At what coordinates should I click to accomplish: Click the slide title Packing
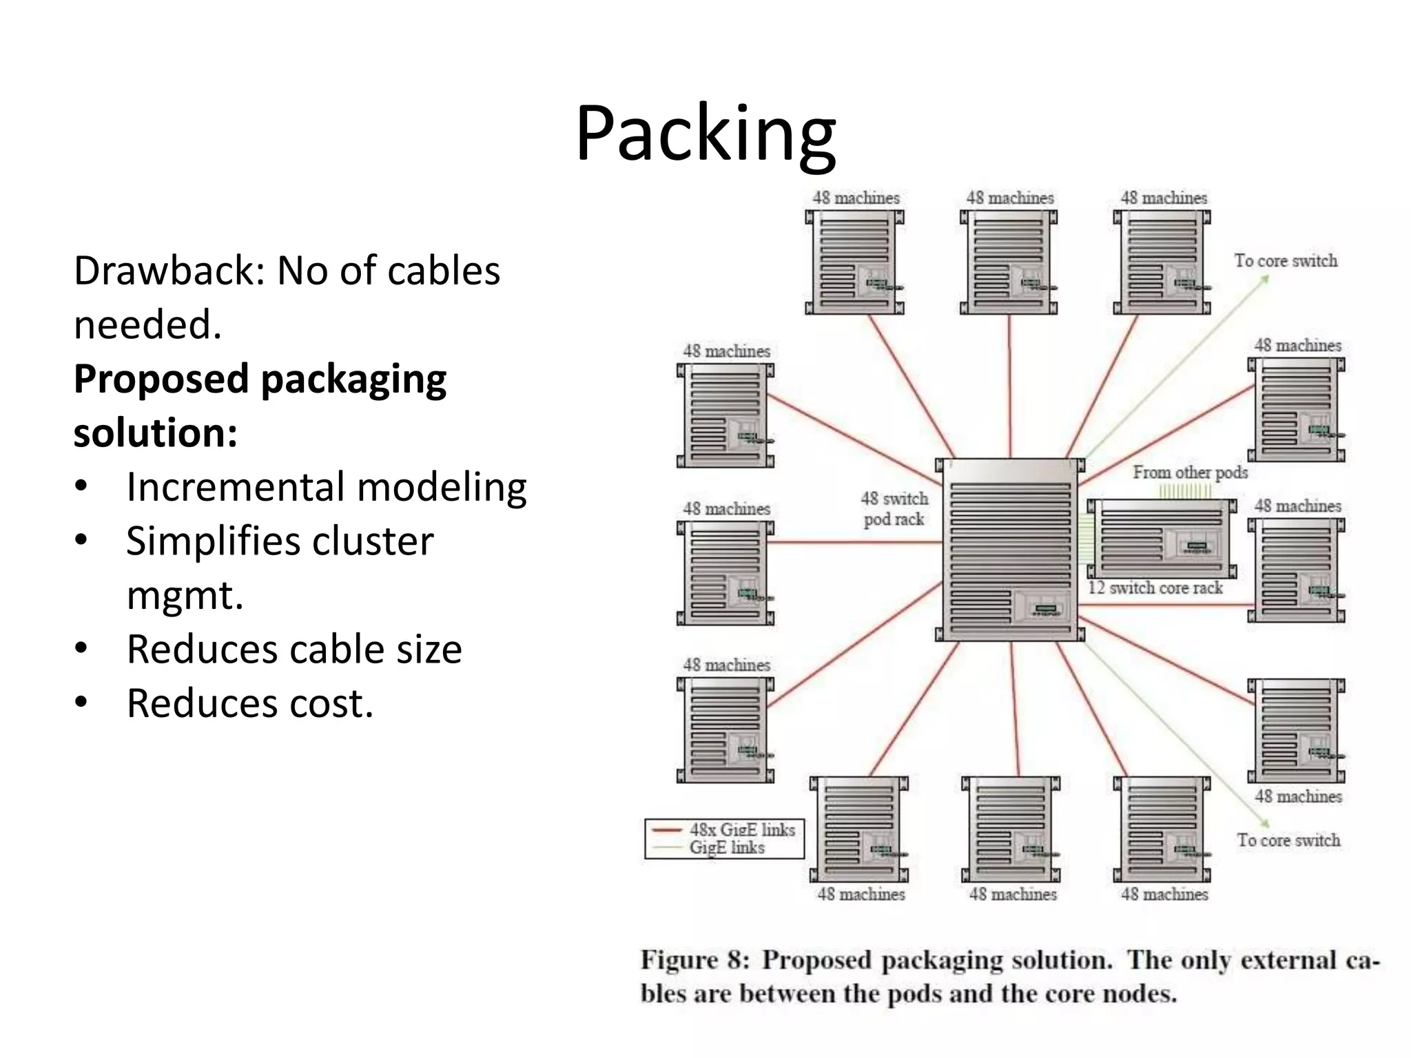click(705, 134)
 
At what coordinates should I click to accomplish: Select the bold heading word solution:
click(156, 433)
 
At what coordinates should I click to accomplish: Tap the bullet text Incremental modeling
click(327, 488)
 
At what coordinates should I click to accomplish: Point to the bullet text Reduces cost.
click(249, 704)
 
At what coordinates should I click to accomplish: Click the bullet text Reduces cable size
click(294, 650)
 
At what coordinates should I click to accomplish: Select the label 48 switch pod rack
click(894, 509)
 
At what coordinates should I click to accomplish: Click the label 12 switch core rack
click(1155, 588)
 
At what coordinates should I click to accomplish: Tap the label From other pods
click(1190, 473)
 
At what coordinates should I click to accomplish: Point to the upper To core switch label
click(1285, 261)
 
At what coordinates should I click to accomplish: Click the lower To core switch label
click(1288, 840)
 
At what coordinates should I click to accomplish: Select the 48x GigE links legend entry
click(741, 830)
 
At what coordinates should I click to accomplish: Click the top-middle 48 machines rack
click(1009, 263)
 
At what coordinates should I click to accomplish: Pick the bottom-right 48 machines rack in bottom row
click(1162, 830)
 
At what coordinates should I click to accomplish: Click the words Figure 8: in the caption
click(694, 960)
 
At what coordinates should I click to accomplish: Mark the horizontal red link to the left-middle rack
click(854, 542)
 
